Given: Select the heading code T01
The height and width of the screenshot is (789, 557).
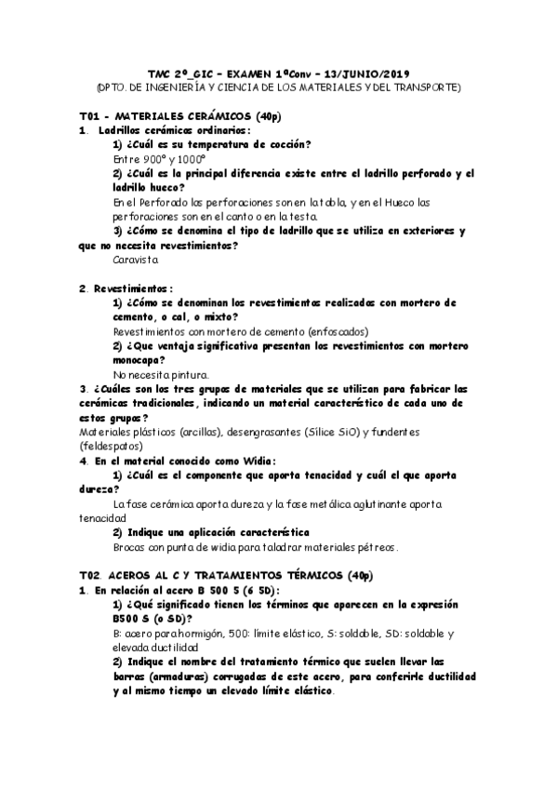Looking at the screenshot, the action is point(89,115).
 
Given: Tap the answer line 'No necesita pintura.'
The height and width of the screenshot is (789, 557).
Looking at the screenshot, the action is point(156,374).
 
